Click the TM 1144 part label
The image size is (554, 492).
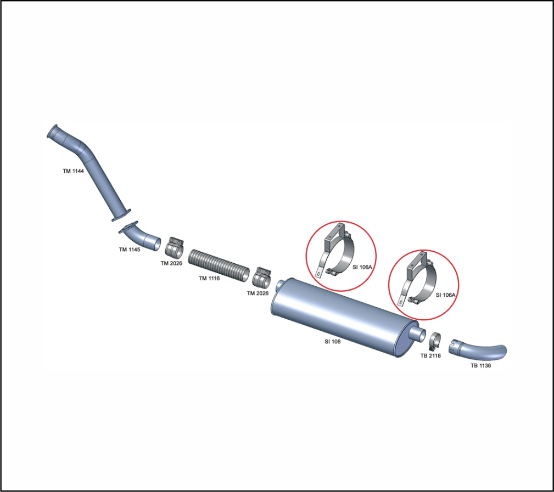[x=74, y=171]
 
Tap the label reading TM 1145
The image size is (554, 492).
[x=130, y=250]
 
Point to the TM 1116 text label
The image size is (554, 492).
[x=209, y=278]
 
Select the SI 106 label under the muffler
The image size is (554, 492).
[x=333, y=341]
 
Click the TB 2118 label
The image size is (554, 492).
[x=430, y=356]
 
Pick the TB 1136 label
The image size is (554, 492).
[x=480, y=366]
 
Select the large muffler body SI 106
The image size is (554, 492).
[x=344, y=317]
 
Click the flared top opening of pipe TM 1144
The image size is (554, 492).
[x=52, y=131]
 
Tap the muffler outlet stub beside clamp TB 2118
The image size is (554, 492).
[x=419, y=333]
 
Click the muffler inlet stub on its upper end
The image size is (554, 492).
[x=281, y=284]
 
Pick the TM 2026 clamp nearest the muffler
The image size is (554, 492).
[x=261, y=278]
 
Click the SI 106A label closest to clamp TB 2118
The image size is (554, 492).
[x=445, y=295]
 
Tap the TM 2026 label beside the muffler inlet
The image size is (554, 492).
[x=258, y=293]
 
